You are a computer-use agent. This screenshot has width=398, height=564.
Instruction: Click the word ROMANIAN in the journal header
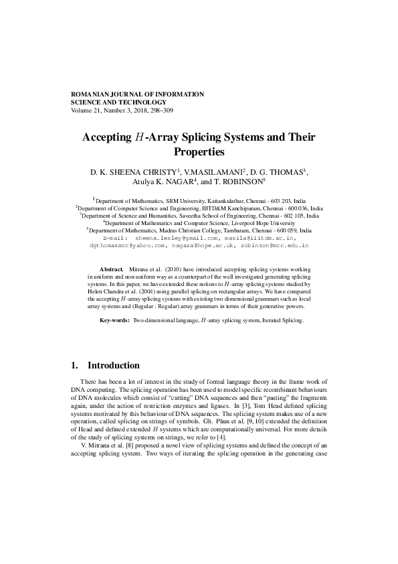tap(90, 94)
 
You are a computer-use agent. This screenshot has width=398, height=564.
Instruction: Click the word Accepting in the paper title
tap(106, 137)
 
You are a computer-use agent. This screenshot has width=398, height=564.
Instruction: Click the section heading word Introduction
tap(114, 366)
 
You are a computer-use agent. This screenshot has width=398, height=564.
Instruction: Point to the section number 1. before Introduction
tap(75, 366)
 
